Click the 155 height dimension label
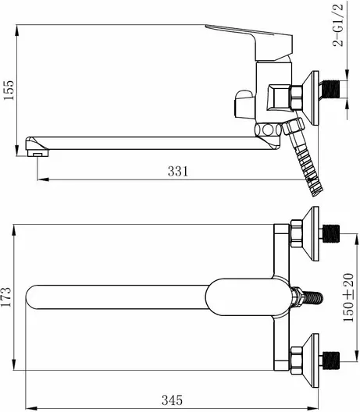[x=8, y=90]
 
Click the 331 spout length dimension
[x=178, y=171]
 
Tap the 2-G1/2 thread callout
[x=338, y=26]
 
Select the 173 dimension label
[x=6, y=297]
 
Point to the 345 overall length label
[x=172, y=400]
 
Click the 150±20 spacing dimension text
[x=348, y=297]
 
